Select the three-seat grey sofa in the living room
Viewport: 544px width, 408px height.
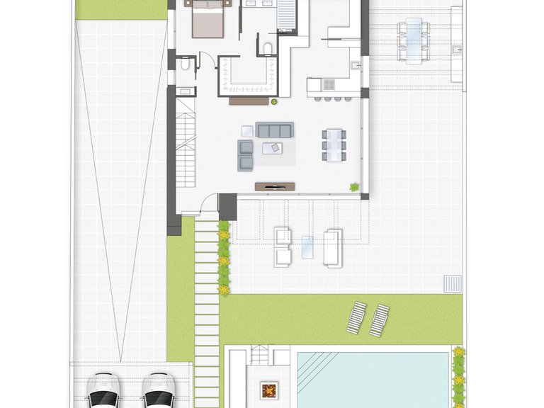pyautogui.click(x=274, y=130)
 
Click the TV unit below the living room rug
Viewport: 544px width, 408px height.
pyautogui.click(x=274, y=186)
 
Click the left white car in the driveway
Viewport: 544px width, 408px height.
pyautogui.click(x=103, y=391)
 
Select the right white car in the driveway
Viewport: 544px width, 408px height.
pyautogui.click(x=158, y=391)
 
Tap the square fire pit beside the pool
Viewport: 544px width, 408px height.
pyautogui.click(x=268, y=390)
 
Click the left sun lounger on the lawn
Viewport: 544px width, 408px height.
pyautogui.click(x=357, y=318)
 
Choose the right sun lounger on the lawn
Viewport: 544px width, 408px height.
pyautogui.click(x=379, y=320)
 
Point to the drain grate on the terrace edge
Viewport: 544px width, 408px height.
pyautogui.click(x=451, y=283)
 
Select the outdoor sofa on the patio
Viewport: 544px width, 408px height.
pyautogui.click(x=333, y=248)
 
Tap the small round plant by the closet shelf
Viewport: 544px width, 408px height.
pyautogui.click(x=273, y=101)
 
